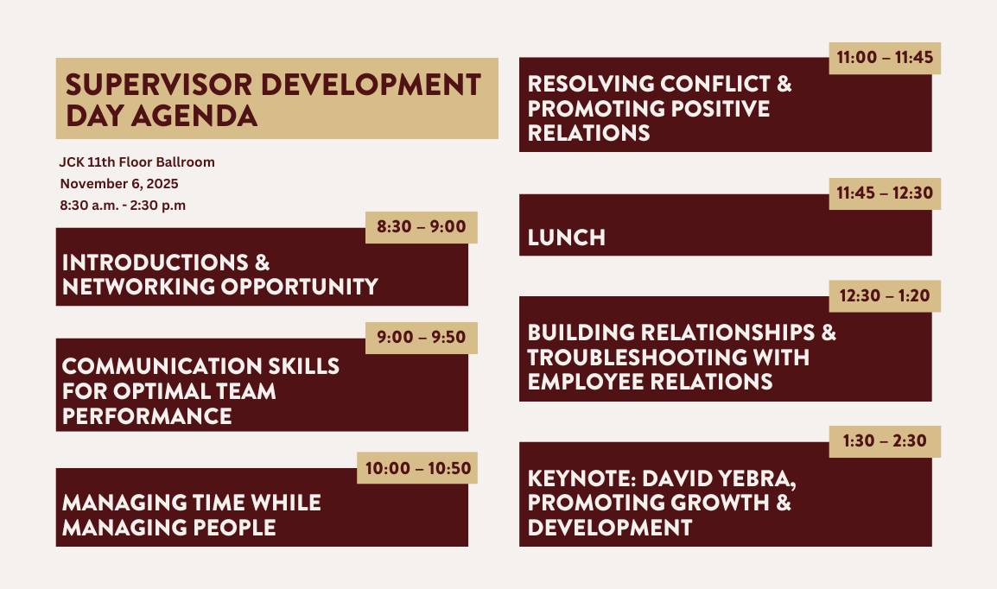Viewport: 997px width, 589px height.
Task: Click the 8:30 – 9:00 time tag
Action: click(x=421, y=227)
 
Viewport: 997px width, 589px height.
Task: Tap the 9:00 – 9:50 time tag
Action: click(x=421, y=338)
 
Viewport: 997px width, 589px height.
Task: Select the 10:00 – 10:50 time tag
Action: click(x=417, y=468)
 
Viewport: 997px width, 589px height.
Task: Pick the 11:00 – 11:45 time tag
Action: click(x=885, y=58)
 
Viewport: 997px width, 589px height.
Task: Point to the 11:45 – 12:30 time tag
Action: click(x=885, y=193)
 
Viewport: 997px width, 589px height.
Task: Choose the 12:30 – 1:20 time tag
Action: click(x=885, y=295)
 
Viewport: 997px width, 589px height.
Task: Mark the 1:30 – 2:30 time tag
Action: click(x=885, y=440)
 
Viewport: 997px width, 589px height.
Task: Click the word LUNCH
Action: click(x=566, y=237)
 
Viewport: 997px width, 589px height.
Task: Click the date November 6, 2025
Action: click(x=119, y=183)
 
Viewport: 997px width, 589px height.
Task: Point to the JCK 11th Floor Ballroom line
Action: click(x=137, y=161)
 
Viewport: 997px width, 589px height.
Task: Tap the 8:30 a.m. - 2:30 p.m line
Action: click(x=123, y=205)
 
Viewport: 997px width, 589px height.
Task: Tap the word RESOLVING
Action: click(x=589, y=84)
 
